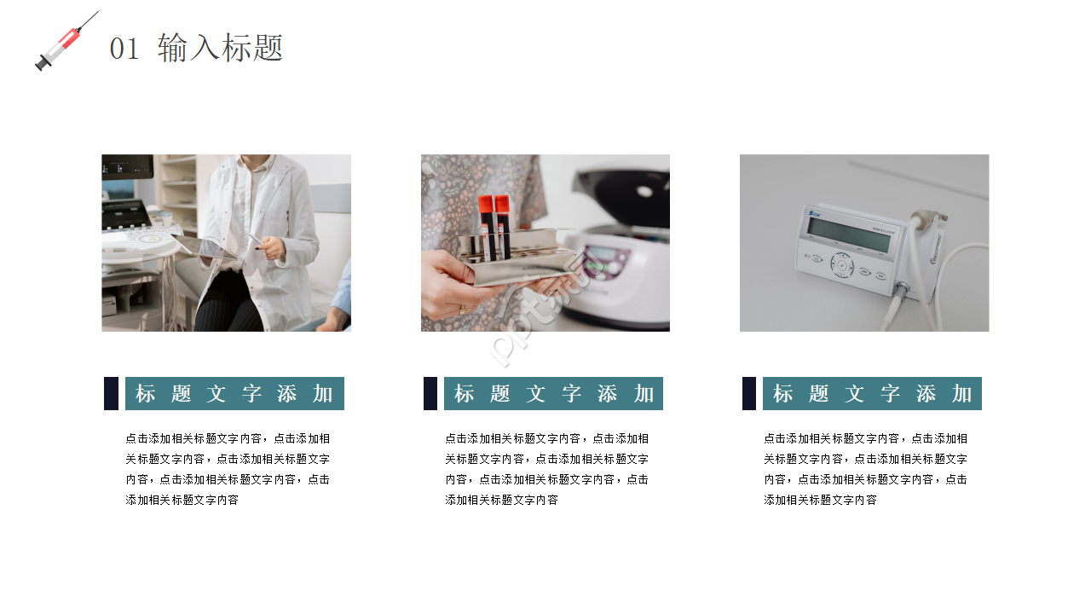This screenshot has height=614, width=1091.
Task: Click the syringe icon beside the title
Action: pos(65,42)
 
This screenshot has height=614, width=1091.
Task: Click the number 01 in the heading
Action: pos(124,49)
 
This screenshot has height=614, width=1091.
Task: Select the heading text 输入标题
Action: pos(220,48)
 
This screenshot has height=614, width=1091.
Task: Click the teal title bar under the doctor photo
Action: pos(234,394)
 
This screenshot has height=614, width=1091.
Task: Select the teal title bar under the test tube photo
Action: pos(553,394)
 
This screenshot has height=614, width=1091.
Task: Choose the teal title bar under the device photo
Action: pos(872,394)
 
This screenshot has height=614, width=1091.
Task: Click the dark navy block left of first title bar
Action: pos(111,394)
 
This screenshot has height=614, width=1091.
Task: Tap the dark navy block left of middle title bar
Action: pos(430,394)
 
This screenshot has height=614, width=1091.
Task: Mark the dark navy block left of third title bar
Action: pos(749,394)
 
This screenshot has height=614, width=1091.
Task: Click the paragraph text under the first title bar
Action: pos(228,469)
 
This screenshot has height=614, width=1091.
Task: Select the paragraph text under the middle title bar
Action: pos(546,469)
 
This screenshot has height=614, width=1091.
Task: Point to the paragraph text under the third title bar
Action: pos(865,469)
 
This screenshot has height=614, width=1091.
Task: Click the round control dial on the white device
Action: pos(843,267)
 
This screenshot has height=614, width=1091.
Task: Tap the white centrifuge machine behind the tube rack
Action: pos(622,247)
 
